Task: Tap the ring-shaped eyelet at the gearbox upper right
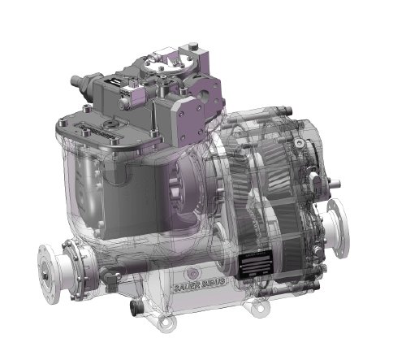[x=302, y=142]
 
